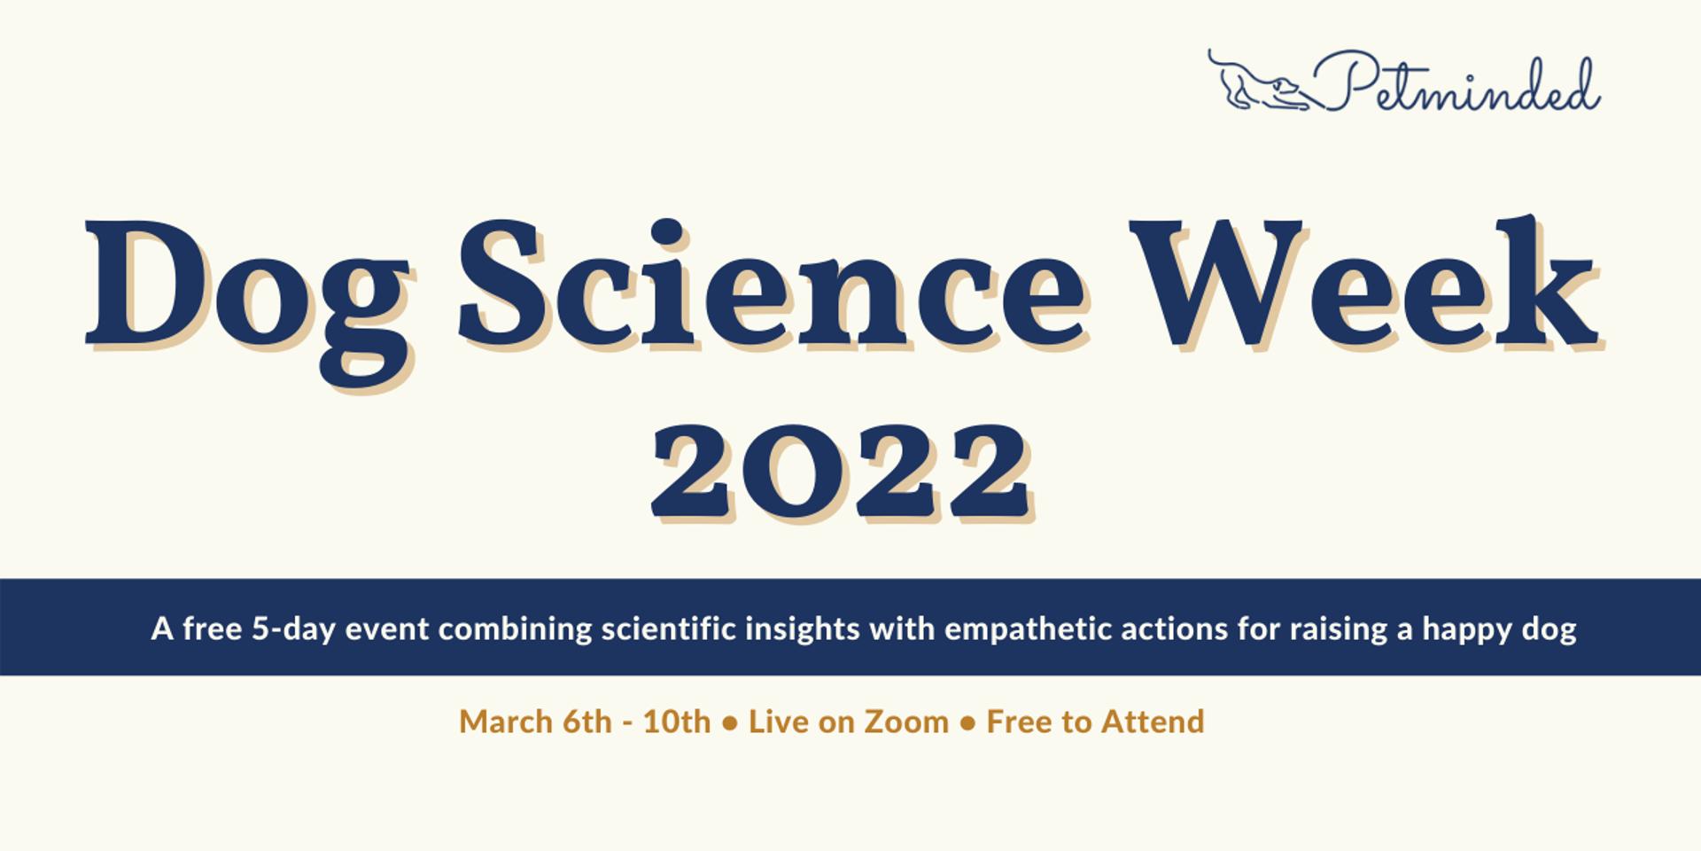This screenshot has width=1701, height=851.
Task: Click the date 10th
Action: click(677, 722)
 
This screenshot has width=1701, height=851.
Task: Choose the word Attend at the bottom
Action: click(1152, 722)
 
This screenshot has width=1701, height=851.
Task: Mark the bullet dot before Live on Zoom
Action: click(730, 723)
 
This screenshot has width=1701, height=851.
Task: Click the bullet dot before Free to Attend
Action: click(968, 723)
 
